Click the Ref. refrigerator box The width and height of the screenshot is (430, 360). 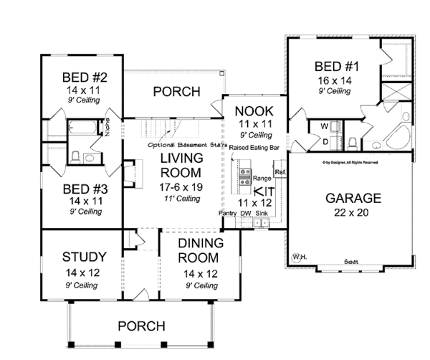[279, 172]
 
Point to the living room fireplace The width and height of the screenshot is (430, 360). [129, 173]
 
